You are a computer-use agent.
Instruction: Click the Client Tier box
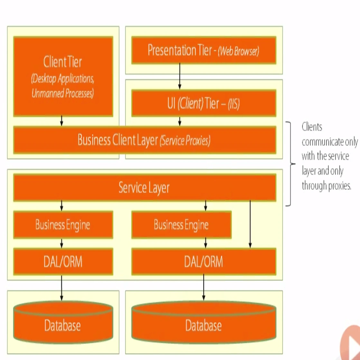(x=63, y=76)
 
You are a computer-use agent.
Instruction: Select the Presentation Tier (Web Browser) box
(x=204, y=50)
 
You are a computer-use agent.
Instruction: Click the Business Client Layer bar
(x=144, y=140)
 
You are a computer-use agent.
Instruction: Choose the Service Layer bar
(x=144, y=187)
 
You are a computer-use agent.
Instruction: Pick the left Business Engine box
(x=63, y=225)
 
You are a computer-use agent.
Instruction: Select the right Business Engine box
(x=181, y=225)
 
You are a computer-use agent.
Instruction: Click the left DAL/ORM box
(x=63, y=262)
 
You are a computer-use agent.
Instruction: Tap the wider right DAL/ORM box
(x=204, y=262)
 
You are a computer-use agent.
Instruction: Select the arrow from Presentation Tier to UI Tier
(x=180, y=76)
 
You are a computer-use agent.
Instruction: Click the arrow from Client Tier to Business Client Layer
(x=62, y=121)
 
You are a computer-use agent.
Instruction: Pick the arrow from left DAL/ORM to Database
(x=62, y=287)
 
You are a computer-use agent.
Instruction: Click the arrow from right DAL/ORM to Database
(x=203, y=287)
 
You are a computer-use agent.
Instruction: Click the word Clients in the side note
(x=312, y=127)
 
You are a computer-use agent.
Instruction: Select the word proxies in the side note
(x=339, y=186)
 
